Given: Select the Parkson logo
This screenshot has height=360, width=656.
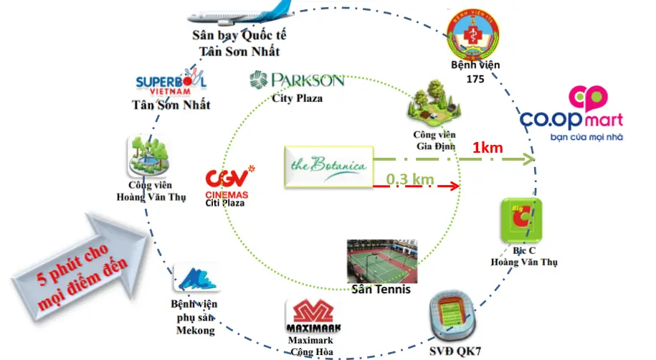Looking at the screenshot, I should click(297, 80).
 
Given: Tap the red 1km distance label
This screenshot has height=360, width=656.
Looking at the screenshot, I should click(487, 148).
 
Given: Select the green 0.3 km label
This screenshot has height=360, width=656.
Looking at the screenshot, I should click(410, 179).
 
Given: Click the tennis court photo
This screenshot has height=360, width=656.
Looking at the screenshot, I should click(382, 260).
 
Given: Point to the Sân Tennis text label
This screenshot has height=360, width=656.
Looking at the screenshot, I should click(381, 290).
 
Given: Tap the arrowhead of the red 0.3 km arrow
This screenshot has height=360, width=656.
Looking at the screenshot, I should click(455, 186).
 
